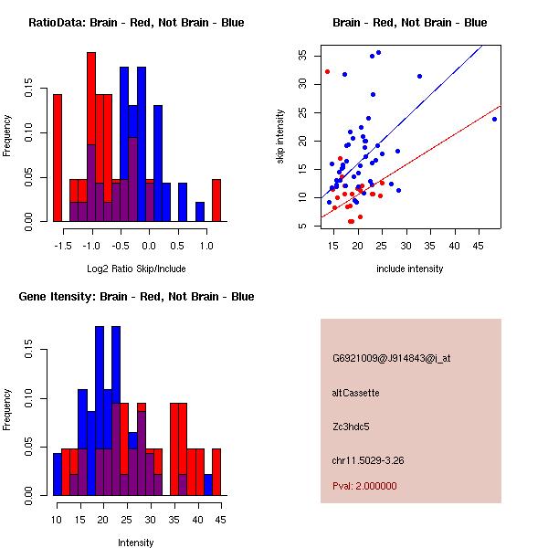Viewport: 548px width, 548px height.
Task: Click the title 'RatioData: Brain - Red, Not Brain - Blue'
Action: pos(136,22)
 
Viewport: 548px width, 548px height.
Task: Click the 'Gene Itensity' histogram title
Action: pos(136,297)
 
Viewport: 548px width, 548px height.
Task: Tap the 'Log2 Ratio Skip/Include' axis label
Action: pos(136,269)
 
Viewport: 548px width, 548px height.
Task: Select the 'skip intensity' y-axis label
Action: pos(281,136)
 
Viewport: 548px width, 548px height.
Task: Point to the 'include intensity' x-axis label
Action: pos(409,269)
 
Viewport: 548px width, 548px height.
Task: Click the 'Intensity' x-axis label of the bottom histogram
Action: pos(136,543)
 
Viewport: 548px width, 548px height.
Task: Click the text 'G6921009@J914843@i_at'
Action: pos(391,358)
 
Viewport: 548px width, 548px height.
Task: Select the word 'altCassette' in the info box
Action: pos(356,393)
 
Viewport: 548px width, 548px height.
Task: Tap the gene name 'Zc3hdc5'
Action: pos(352,426)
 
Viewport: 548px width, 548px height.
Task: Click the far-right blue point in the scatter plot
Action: pos(494,119)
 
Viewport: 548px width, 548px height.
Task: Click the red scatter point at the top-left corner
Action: pos(327,71)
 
